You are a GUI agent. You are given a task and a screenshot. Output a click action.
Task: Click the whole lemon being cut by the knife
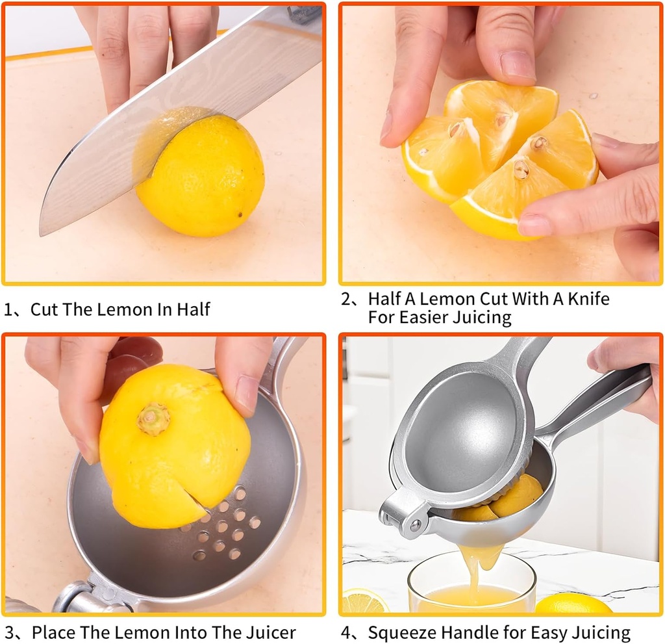click(201, 175)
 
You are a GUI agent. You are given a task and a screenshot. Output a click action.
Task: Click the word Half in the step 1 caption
click(192, 309)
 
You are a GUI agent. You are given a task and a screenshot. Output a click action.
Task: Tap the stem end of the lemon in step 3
click(154, 419)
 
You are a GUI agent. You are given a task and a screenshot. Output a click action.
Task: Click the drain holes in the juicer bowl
click(224, 524)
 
